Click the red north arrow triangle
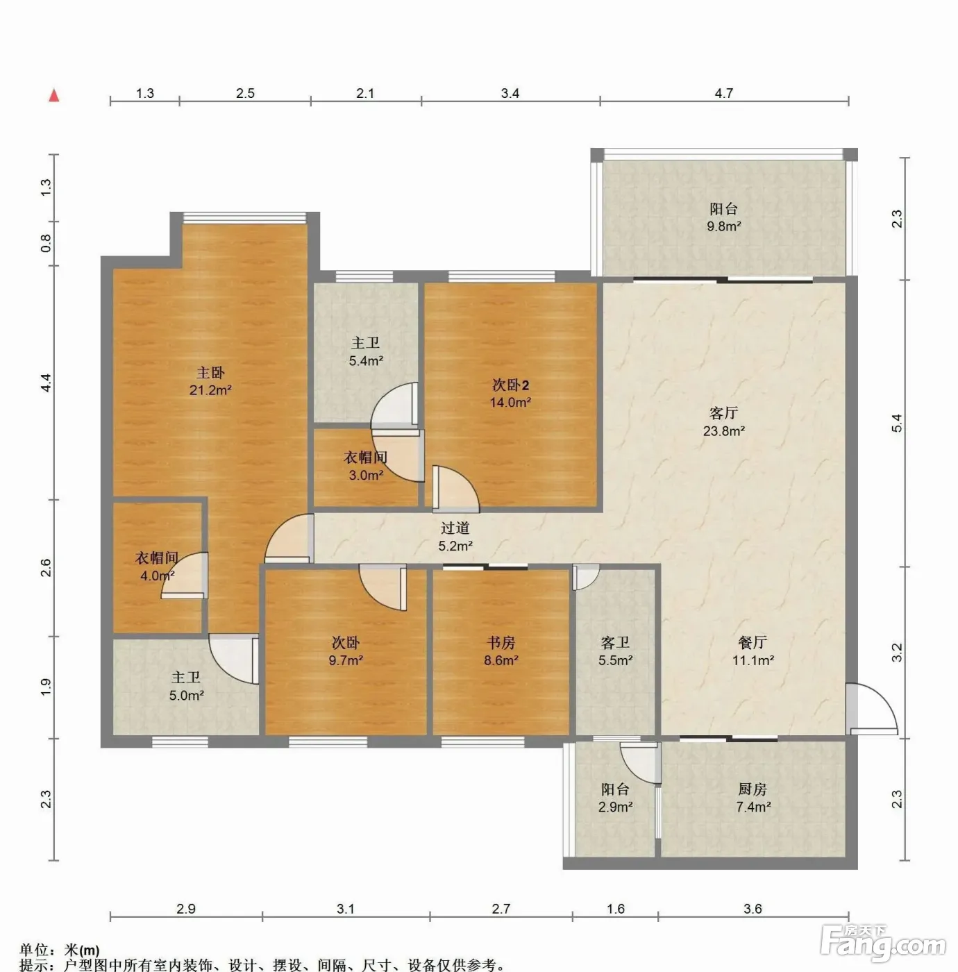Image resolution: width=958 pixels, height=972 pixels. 54,95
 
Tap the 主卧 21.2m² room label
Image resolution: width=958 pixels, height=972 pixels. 210,381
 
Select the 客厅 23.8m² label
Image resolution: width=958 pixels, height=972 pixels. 724,421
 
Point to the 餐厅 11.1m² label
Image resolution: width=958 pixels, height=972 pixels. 753,651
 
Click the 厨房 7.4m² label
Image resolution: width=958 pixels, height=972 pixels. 753,798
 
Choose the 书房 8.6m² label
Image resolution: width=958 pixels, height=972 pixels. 501,651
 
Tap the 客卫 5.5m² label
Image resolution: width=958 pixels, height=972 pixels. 616,651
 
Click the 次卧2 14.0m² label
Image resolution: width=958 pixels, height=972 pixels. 510,394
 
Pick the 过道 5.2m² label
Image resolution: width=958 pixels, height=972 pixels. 455,537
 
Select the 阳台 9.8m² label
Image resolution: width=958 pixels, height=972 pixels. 724,217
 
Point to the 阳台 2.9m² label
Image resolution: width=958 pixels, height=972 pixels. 616,798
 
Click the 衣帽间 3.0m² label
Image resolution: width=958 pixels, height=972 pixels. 366,466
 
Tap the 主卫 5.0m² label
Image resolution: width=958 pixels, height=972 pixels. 186,686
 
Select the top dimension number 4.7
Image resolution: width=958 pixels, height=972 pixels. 724,93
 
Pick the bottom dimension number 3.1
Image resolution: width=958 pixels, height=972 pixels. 346,909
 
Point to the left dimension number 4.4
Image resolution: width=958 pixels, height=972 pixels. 46,383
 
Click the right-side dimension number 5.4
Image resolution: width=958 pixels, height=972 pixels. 897,423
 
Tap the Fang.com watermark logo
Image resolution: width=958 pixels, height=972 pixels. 883,941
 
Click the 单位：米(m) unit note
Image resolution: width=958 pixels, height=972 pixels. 60,950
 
